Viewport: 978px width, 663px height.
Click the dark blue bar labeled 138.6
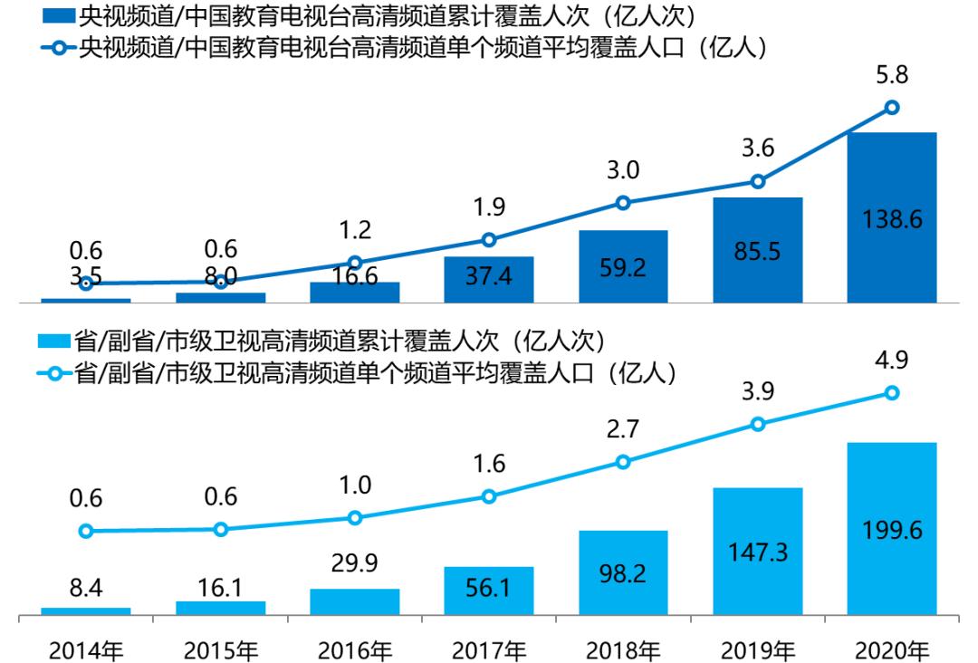click(891, 217)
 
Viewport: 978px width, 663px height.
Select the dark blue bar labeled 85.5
click(757, 250)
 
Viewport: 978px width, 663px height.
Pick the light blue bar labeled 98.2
click(623, 572)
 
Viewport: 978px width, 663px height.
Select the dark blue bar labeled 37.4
click(489, 279)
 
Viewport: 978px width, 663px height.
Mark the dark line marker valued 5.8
click(892, 107)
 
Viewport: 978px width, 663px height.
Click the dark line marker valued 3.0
click(623, 203)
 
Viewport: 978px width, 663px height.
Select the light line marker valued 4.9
click(892, 392)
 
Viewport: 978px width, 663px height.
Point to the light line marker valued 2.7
click(623, 462)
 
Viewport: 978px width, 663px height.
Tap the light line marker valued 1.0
click(355, 518)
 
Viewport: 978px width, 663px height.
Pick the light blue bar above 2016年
click(355, 601)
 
